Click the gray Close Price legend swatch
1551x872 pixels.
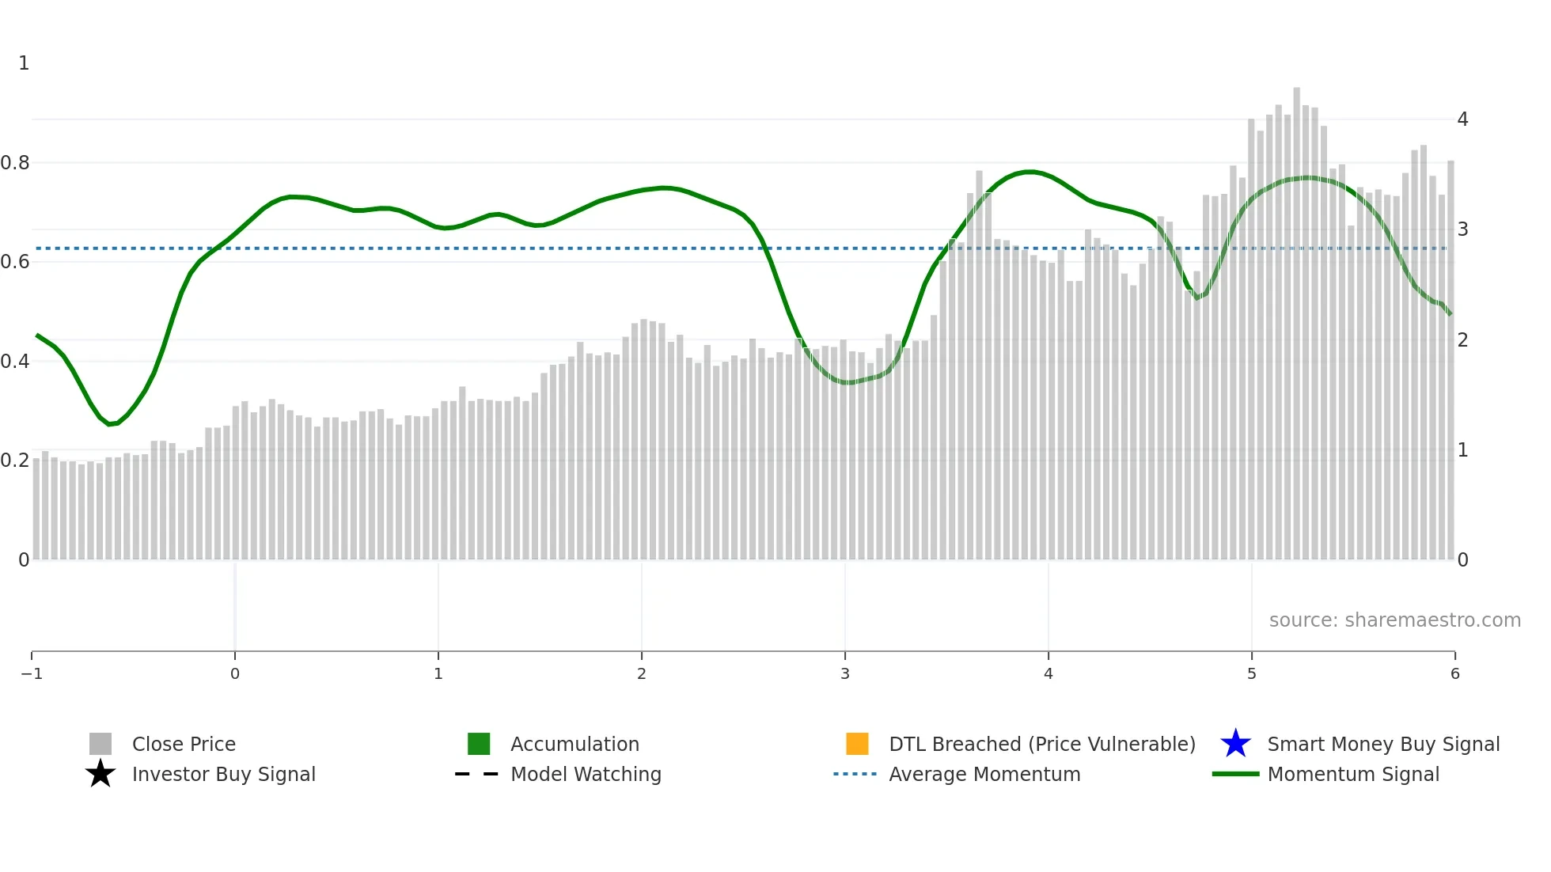[x=100, y=744]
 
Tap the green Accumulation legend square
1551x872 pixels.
[x=479, y=744]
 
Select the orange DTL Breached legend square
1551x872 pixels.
[x=857, y=744]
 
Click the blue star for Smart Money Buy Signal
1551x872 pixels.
[x=1235, y=744]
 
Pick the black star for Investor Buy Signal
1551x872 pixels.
[x=100, y=774]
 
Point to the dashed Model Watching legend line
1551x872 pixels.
[x=477, y=774]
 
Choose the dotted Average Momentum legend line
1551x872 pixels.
[x=855, y=774]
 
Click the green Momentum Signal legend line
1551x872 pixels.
[x=1234, y=774]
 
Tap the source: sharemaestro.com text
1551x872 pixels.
[x=1394, y=620]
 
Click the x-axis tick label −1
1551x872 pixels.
[x=32, y=674]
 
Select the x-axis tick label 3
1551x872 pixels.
[x=845, y=674]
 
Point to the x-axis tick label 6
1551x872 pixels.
[x=1454, y=674]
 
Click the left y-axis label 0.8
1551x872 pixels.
[x=15, y=163]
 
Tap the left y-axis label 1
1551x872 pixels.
[x=24, y=63]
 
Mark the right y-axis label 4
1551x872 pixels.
[x=1462, y=119]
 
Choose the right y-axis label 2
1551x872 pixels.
[x=1462, y=340]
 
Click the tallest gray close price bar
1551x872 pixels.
[x=1296, y=317]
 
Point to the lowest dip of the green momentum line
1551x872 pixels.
[x=110, y=424]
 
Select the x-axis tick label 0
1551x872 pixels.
[x=235, y=674]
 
